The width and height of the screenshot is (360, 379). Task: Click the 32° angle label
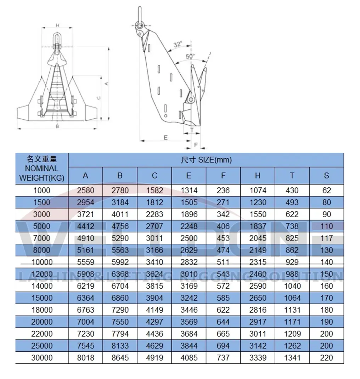(178, 45)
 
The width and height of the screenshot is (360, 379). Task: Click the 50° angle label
(190, 56)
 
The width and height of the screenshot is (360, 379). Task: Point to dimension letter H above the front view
(57, 25)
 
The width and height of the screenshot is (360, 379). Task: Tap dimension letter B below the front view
(57, 126)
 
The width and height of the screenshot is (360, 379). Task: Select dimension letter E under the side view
(165, 137)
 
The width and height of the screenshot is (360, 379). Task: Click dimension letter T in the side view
(192, 130)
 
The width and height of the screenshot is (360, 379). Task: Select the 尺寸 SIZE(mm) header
(206, 160)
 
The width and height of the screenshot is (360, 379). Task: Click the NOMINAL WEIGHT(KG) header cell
(42, 168)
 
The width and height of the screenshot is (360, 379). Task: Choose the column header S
(326, 176)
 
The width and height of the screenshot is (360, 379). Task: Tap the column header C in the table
(154, 176)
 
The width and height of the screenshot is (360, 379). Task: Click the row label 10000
(42, 262)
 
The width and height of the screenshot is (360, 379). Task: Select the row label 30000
(42, 358)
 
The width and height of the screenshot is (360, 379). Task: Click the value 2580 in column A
(85, 191)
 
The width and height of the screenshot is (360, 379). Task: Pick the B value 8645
(120, 358)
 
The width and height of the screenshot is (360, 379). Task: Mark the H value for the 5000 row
(258, 226)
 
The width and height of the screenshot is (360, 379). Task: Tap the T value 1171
(292, 322)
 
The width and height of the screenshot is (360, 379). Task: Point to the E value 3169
(189, 286)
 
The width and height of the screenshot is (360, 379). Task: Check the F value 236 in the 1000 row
(223, 191)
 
